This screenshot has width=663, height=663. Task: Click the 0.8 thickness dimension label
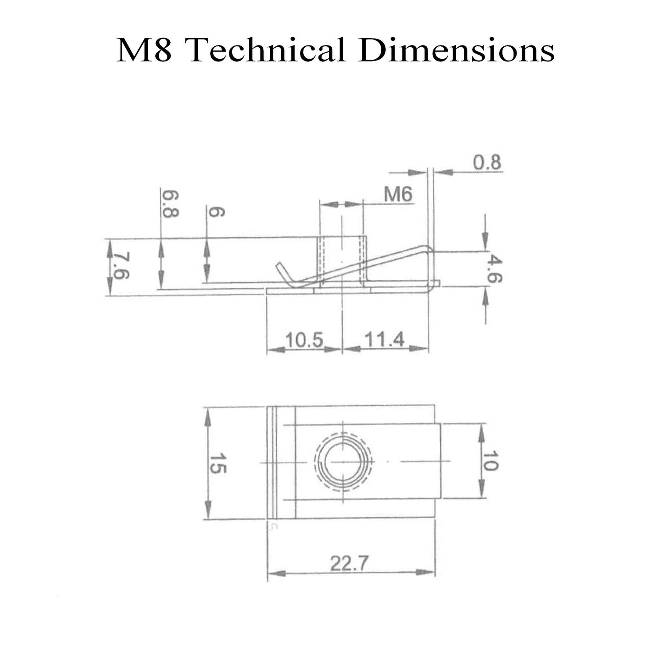pos(487,162)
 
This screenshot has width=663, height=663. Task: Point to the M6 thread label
pos(398,195)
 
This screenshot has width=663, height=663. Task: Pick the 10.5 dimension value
pos(304,340)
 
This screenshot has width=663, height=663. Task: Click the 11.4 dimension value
pos(384,340)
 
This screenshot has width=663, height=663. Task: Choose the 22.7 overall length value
pos(349,563)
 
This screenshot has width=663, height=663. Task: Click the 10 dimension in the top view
pos(490,461)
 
